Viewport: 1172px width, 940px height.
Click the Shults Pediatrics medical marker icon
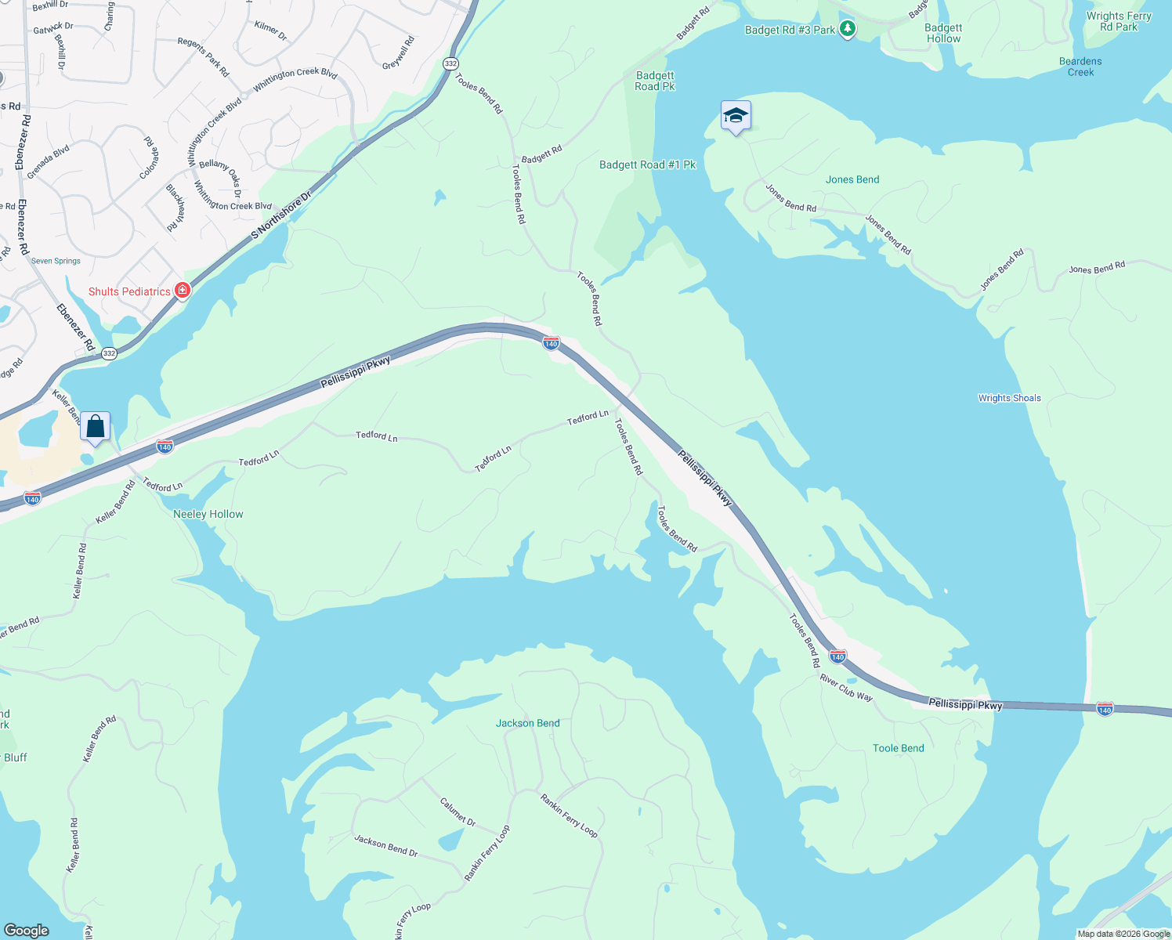pyautogui.click(x=183, y=291)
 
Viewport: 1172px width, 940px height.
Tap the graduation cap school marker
pyautogui.click(x=735, y=116)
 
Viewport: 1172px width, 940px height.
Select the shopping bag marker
pyautogui.click(x=95, y=427)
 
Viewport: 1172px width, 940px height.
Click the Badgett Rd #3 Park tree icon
pyautogui.click(x=847, y=30)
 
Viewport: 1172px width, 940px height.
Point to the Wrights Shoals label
pyautogui.click(x=1009, y=398)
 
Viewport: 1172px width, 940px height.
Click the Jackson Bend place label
pyautogui.click(x=527, y=723)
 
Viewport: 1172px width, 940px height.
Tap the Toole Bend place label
pyautogui.click(x=898, y=748)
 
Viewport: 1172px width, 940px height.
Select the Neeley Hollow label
pyautogui.click(x=208, y=514)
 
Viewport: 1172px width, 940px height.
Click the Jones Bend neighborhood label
pyautogui.click(x=852, y=179)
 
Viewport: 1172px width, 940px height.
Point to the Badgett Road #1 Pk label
pyautogui.click(x=647, y=164)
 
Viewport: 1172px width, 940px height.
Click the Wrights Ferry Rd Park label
pyautogui.click(x=1118, y=21)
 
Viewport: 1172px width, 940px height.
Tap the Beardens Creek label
pyautogui.click(x=1080, y=67)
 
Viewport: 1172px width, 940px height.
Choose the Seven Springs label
pyautogui.click(x=56, y=261)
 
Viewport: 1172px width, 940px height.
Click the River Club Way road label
pyautogui.click(x=846, y=687)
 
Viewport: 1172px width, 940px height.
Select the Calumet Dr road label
pyautogui.click(x=458, y=812)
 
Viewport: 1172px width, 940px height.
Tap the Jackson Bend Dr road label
pyautogui.click(x=385, y=845)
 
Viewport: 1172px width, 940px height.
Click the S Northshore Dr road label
pyautogui.click(x=280, y=214)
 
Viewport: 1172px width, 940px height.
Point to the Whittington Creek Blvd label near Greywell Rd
pyautogui.click(x=295, y=78)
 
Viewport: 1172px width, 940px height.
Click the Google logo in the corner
pyautogui.click(x=27, y=930)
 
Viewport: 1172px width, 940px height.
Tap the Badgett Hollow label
pyautogui.click(x=943, y=33)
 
